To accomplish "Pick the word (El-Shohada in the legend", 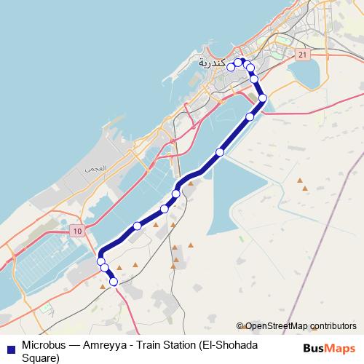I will [x=250, y=344].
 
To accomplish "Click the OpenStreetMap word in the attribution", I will [x=275, y=326].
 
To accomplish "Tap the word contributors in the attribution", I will [x=331, y=326].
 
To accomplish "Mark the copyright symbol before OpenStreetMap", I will [x=240, y=326].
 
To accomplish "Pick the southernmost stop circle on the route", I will [x=113, y=281].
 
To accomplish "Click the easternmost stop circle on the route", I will [x=263, y=98].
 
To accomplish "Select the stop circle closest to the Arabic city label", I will [x=231, y=67].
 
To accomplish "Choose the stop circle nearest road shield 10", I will [x=101, y=261].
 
